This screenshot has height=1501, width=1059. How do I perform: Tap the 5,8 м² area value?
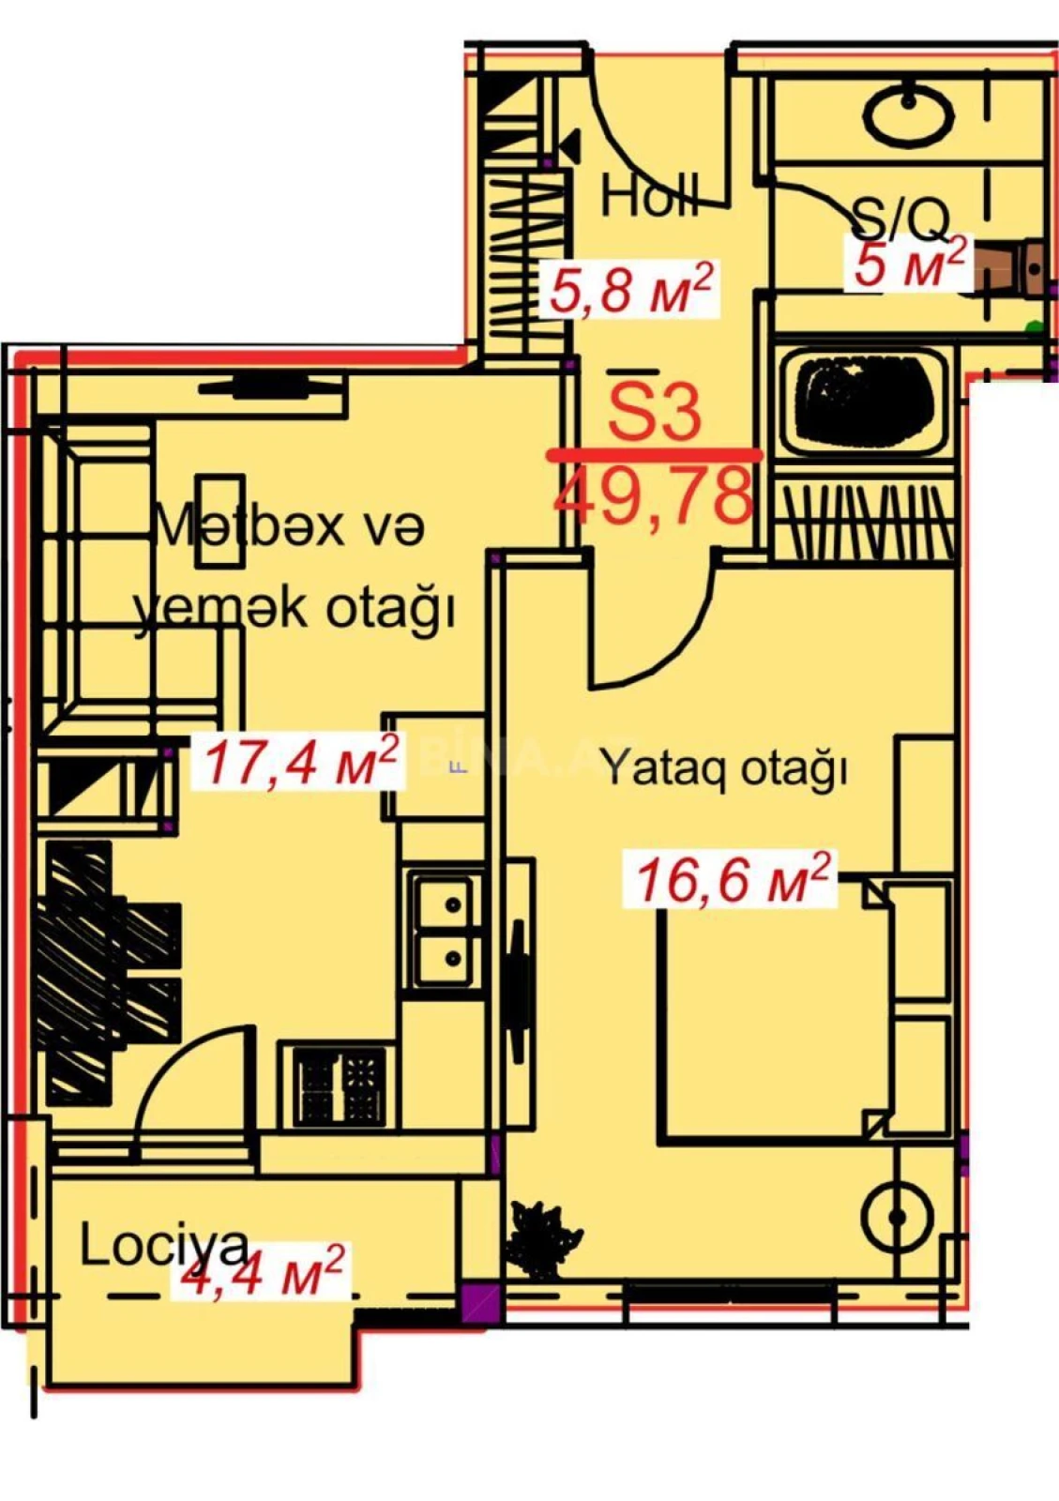[x=631, y=288]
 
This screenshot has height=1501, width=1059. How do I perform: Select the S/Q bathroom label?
[x=901, y=219]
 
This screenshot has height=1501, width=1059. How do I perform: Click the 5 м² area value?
[x=909, y=264]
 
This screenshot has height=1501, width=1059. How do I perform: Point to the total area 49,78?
[x=654, y=494]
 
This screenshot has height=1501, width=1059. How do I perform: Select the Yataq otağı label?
[x=723, y=768]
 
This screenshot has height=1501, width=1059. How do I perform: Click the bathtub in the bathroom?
[x=861, y=400]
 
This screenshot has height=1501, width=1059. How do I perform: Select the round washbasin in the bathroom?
[x=908, y=114]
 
